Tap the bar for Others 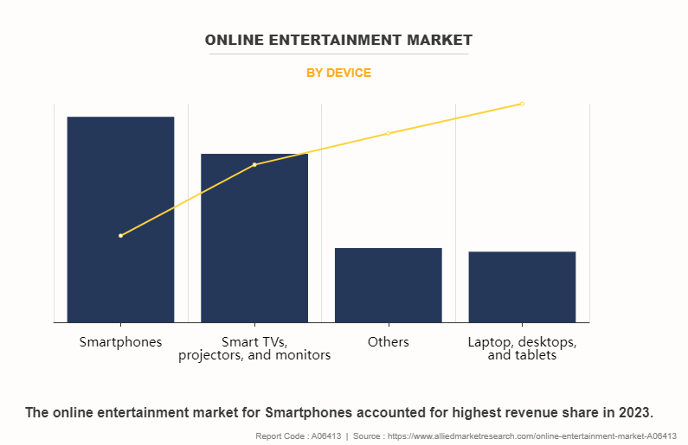point(389,285)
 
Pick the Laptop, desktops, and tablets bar point(522,287)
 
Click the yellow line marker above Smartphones point(120,236)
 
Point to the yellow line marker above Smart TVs point(254,164)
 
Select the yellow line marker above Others point(389,133)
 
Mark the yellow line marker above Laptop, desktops point(522,104)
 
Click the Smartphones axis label point(120,341)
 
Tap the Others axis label point(389,341)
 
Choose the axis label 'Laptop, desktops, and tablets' point(522,348)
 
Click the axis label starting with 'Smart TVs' point(254,348)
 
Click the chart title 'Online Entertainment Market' point(338,40)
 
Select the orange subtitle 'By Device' point(338,73)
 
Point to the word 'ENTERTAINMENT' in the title point(338,40)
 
